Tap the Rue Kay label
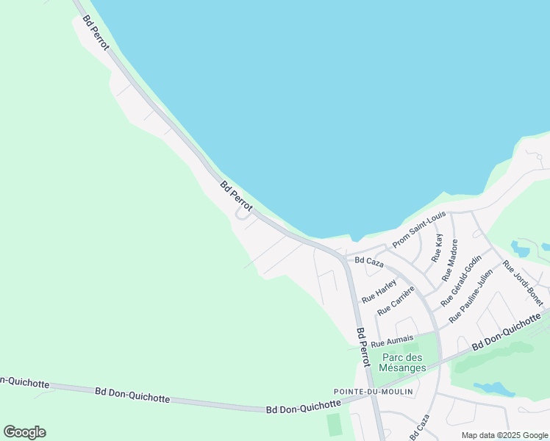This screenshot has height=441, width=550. pyautogui.click(x=438, y=249)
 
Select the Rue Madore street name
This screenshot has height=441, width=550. pyautogui.click(x=449, y=260)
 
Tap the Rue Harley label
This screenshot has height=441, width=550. pyautogui.click(x=379, y=288)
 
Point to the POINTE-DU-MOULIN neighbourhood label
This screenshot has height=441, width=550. pyautogui.click(x=373, y=392)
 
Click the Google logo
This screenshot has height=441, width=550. pyautogui.click(x=24, y=432)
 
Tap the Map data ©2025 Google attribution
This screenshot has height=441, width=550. pyautogui.click(x=504, y=435)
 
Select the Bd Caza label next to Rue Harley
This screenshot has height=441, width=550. pyautogui.click(x=370, y=260)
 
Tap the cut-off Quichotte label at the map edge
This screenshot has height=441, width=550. pyautogui.click(x=24, y=381)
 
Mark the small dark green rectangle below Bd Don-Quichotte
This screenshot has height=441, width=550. pyautogui.click(x=335, y=424)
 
